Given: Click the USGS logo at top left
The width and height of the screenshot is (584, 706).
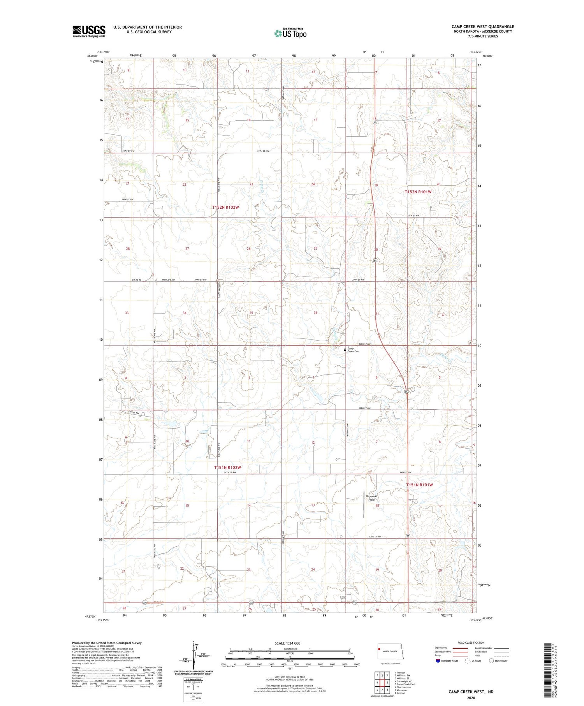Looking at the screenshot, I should click(89, 31).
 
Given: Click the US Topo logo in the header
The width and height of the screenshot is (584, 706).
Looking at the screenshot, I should click(290, 33).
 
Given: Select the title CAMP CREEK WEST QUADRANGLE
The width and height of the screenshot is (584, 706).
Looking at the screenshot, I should click(483, 27).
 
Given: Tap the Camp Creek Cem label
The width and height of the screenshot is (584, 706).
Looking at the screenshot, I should click(353, 350).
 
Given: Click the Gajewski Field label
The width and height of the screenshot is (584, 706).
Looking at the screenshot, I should click(372, 498).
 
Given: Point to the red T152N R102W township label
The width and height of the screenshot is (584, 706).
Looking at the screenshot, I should click(225, 207).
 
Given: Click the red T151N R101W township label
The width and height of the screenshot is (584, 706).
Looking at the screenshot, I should click(419, 485).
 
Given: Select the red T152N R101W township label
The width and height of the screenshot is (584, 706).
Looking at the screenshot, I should click(418, 192).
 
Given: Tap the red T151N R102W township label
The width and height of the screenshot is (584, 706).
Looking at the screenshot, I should click(227, 467).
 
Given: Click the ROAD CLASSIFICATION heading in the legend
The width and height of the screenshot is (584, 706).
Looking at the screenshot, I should click(471, 643).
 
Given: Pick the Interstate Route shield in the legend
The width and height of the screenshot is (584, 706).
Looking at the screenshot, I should click(438, 660).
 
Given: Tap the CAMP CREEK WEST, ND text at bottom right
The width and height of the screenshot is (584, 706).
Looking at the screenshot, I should click(471, 692).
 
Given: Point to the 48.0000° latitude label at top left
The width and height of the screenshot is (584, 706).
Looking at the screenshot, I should click(92, 56).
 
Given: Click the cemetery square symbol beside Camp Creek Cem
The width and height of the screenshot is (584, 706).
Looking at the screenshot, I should click(345, 350).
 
